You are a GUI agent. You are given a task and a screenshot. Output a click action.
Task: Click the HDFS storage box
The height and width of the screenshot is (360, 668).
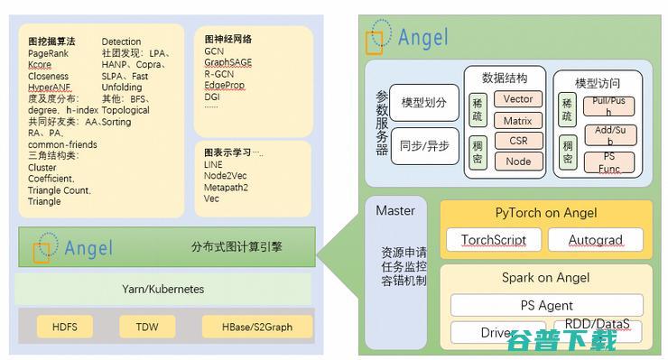[65, 327]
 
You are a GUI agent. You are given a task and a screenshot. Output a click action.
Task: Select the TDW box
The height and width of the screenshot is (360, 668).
[147, 327]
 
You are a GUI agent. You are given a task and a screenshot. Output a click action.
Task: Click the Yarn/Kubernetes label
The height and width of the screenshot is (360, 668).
[162, 290]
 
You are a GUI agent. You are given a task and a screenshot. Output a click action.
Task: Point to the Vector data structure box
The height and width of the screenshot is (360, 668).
[518, 99]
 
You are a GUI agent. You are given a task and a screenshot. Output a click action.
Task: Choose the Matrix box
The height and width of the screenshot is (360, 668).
[518, 120]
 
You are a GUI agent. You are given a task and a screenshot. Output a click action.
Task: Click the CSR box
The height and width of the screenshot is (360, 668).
[518, 141]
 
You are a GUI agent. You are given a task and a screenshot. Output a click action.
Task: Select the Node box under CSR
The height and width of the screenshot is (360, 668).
[518, 162]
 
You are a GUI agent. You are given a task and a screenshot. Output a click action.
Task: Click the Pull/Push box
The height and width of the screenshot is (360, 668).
[608, 106]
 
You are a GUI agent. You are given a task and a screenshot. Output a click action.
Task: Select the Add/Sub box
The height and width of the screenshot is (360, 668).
[608, 134]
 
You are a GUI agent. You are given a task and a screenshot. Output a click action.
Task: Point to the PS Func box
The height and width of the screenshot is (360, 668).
[608, 162]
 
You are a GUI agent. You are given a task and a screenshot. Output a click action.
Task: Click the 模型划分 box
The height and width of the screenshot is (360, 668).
[424, 103]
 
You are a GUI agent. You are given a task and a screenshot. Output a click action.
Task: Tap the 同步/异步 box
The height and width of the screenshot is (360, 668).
[424, 146]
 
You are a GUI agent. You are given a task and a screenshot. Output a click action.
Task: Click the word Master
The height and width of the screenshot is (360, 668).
[395, 211]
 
